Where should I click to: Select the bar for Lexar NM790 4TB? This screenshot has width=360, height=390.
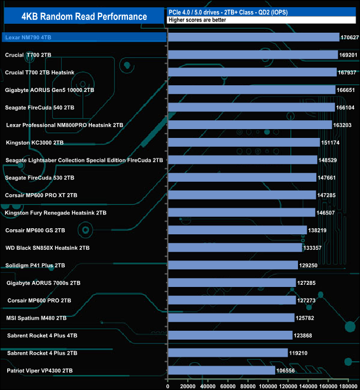tap(253, 37)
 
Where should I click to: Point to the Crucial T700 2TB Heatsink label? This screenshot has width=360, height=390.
tap(43, 73)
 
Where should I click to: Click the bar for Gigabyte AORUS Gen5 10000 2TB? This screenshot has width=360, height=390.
tap(251, 90)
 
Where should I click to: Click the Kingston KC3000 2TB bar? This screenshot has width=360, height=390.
tap(244, 142)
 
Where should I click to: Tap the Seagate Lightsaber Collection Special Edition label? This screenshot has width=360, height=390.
tap(84, 160)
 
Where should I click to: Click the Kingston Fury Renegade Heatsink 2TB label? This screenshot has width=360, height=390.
tap(56, 213)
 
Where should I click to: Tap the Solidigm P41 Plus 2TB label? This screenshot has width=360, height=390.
tap(35, 265)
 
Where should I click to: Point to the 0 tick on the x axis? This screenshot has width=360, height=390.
tap(168, 383)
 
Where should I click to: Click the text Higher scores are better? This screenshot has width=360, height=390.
tap(193, 20)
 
